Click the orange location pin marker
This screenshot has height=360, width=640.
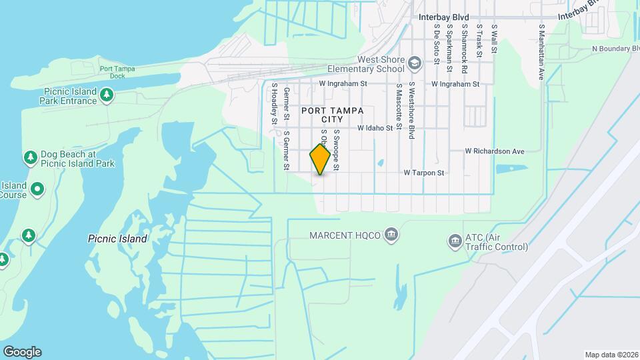[x=321, y=159]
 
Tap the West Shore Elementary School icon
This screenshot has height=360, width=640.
[x=415, y=63]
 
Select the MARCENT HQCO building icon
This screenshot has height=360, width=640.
[x=391, y=235]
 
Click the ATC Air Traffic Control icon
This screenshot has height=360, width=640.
[x=455, y=239]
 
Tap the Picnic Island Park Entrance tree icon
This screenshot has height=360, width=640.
[x=106, y=95]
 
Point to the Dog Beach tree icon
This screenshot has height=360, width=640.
[x=29, y=158]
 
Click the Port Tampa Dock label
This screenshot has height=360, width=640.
[x=113, y=72]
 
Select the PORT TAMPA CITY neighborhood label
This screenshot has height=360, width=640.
[x=332, y=115]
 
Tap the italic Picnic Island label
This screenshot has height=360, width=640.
[x=117, y=238]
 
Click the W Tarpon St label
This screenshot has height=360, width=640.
[x=424, y=173]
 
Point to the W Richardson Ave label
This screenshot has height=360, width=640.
[x=495, y=151]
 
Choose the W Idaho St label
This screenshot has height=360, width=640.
[x=375, y=127]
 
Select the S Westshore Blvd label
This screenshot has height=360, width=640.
[x=412, y=111]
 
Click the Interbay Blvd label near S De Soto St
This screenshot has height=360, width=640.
[x=443, y=17]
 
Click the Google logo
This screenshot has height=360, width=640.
[x=22, y=352]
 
